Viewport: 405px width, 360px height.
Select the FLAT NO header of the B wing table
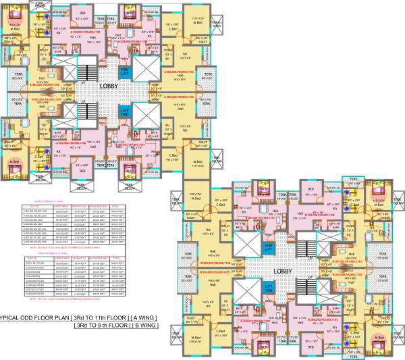(32, 257)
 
